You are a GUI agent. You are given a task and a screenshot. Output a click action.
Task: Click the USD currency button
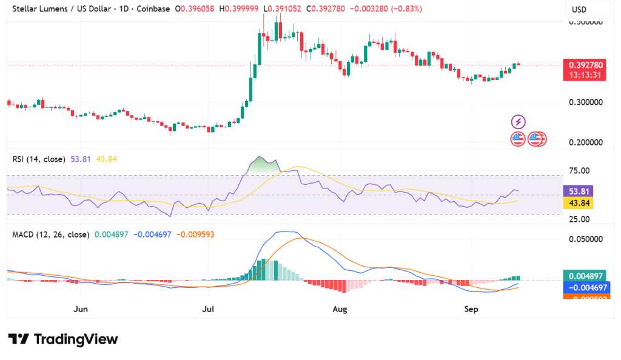(x=587, y=10)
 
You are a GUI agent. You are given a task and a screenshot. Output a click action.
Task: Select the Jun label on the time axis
(x=81, y=309)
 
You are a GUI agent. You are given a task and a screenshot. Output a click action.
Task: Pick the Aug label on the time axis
(x=340, y=309)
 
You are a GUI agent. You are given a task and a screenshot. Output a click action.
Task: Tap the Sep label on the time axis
(x=471, y=309)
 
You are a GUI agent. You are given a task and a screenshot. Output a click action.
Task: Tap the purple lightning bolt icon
(x=519, y=121)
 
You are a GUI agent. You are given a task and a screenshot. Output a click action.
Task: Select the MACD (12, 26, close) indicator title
(x=51, y=234)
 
